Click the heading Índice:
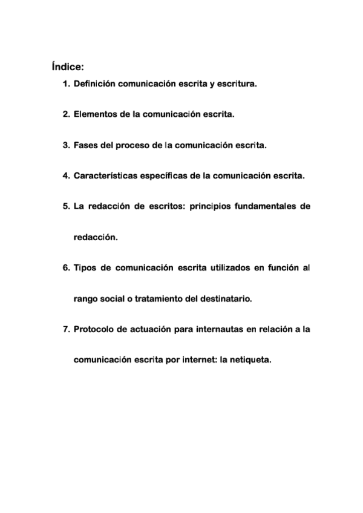coord(68,66)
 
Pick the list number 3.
coord(66,146)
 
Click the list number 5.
coord(66,207)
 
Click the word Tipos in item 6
coord(85,268)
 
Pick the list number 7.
coord(66,329)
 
